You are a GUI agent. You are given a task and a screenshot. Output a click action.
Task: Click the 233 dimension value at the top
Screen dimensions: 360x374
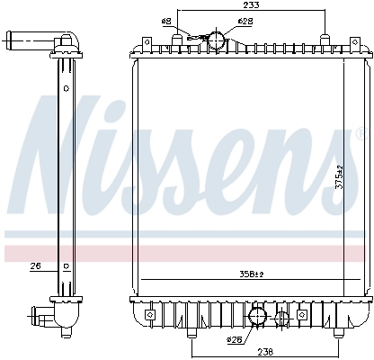click(x=252, y=5)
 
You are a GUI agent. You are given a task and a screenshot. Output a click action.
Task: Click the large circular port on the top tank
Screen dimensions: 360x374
click(x=216, y=40)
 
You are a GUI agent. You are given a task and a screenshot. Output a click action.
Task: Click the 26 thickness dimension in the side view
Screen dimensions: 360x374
click(x=37, y=265)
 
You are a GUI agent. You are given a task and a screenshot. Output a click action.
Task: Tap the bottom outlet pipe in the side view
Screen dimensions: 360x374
click(x=40, y=316)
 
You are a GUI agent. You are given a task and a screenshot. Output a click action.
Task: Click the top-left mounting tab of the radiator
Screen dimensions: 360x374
click(x=144, y=42)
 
